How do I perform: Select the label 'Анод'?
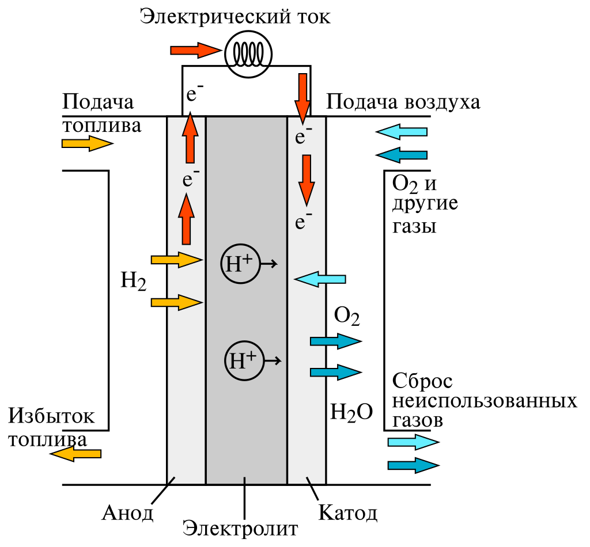pos(128,512)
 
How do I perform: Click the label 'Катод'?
pos(348,512)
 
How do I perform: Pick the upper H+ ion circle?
pos(240,264)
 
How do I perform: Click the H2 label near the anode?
pos(133,282)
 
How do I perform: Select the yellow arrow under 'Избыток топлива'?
pos(75,454)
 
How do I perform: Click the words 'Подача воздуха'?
pos(403,102)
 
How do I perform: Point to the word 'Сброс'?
pos(422,381)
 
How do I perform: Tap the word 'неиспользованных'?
pos(485,400)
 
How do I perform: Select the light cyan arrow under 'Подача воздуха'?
pos(402,132)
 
